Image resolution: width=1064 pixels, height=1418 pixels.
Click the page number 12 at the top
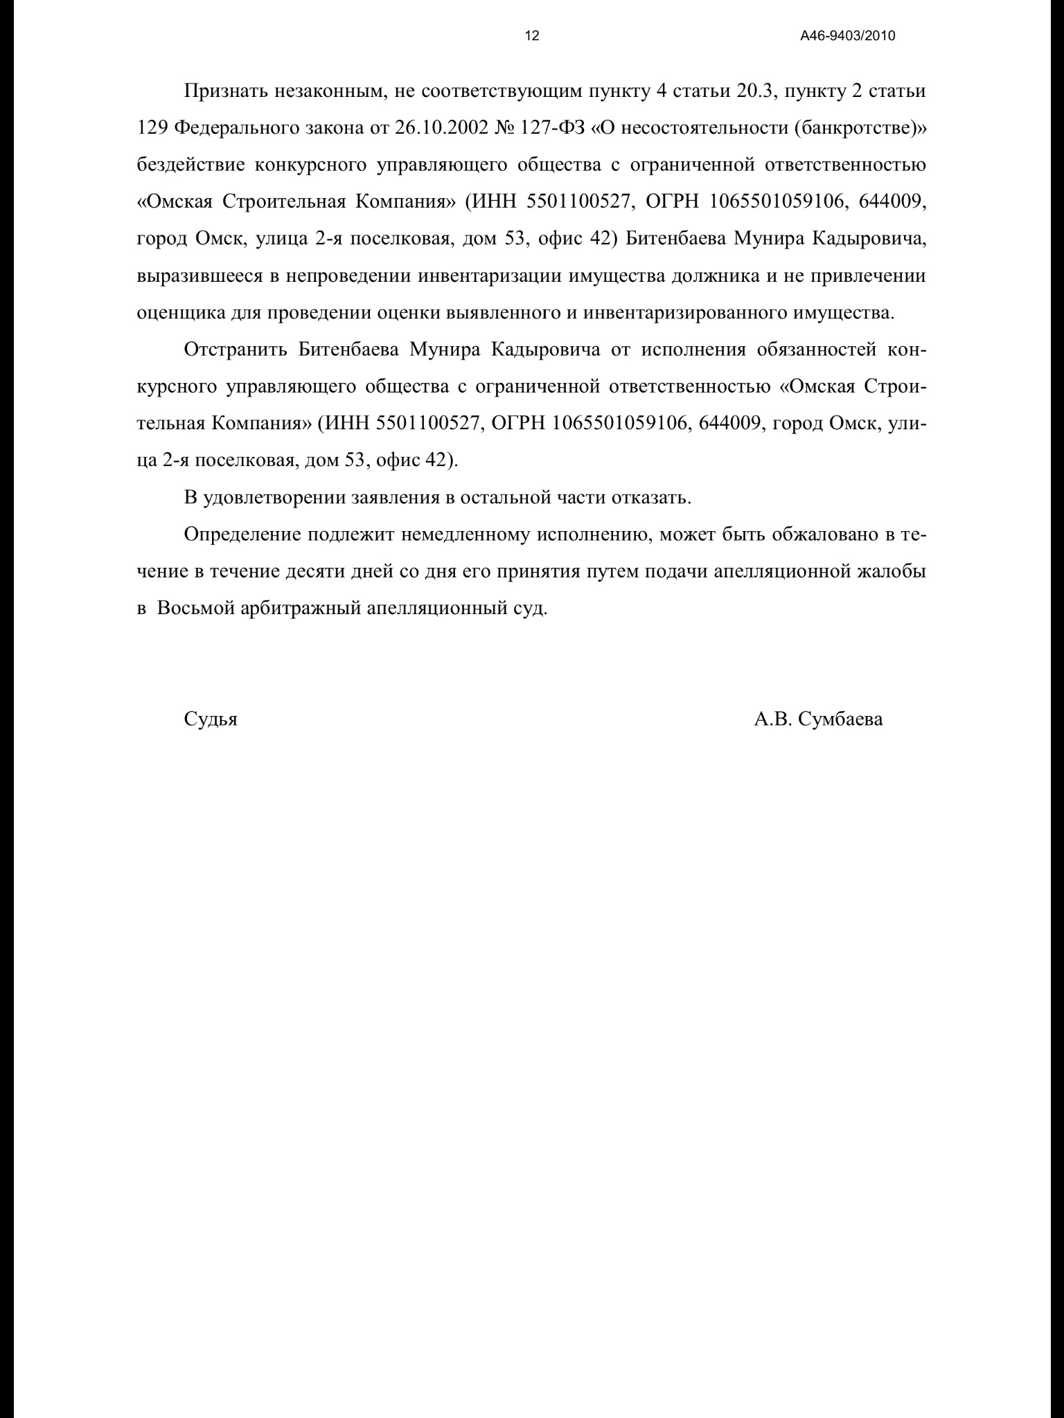coord(532,37)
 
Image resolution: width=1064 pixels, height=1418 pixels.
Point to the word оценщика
coord(179,312)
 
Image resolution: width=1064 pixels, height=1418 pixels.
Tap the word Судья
coord(211,719)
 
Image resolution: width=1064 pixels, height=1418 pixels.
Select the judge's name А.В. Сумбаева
coord(818,719)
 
